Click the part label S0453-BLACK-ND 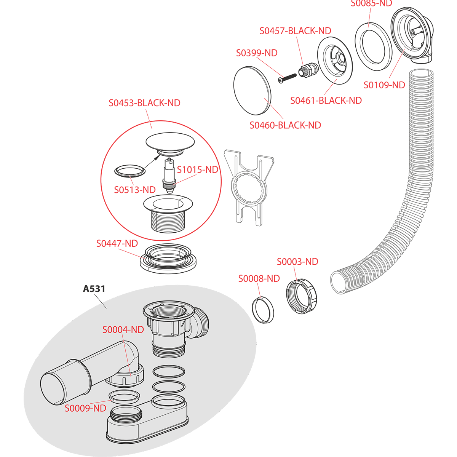(144, 103)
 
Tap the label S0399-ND (257, 53)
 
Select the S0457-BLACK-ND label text (295, 31)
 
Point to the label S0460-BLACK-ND (285, 125)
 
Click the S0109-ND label (384, 85)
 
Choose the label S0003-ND (297, 262)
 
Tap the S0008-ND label (259, 278)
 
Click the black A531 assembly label (94, 289)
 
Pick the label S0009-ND (85, 409)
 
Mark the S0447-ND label (117, 243)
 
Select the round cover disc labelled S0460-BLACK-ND (252, 90)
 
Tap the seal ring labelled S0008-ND (263, 310)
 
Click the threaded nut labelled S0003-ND (301, 297)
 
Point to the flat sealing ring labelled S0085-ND (372, 46)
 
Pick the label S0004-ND (123, 330)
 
